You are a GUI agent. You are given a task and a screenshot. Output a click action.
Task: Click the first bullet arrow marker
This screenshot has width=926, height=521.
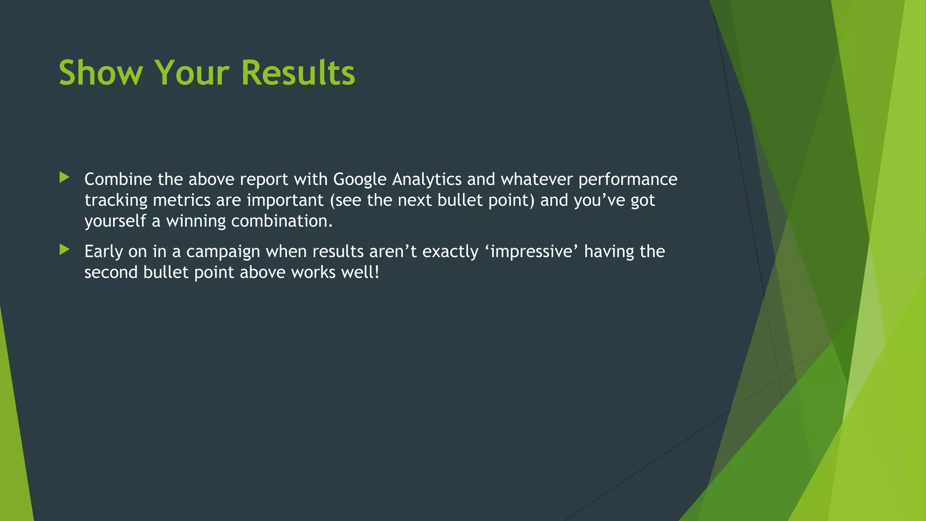pos(65,177)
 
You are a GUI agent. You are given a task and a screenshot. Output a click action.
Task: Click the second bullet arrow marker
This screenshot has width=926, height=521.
pos(65,249)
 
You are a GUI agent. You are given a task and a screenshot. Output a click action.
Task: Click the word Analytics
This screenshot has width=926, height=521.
pos(426,180)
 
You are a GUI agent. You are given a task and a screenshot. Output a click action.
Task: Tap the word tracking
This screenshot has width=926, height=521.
pos(116,200)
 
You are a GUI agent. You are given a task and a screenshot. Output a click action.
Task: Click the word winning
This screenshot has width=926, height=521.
pos(196,221)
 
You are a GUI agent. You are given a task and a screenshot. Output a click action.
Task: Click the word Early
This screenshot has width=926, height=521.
pos(104,252)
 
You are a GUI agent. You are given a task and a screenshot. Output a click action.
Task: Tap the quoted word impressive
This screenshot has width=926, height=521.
pos(531,251)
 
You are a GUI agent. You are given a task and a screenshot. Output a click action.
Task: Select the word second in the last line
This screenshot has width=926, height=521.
pos(111,272)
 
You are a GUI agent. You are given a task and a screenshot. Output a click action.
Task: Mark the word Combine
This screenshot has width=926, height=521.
pos(118,180)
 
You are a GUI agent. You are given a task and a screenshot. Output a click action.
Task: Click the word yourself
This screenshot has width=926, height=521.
pos(115,221)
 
